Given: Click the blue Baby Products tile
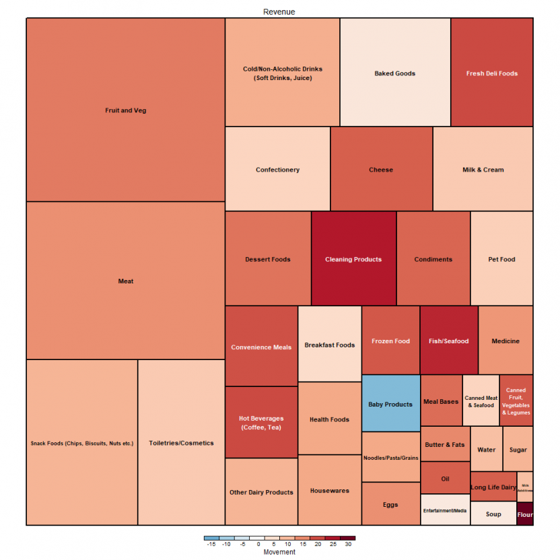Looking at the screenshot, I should click(x=390, y=404).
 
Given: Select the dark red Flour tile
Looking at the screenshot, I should click(x=525, y=514).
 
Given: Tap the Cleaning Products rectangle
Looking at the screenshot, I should click(x=353, y=259).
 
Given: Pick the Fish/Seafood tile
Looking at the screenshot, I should click(x=448, y=341).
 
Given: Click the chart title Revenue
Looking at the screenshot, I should click(x=279, y=12).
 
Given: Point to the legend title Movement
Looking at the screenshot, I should click(x=279, y=552).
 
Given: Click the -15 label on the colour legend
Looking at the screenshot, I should click(x=211, y=544).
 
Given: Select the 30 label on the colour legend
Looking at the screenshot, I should click(x=348, y=544).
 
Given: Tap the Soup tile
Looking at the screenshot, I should click(x=493, y=514).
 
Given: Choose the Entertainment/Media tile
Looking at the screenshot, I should click(x=445, y=510).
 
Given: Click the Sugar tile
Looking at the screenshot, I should click(x=518, y=449).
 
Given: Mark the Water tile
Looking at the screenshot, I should click(x=486, y=449).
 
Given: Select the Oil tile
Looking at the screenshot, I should click(x=445, y=479).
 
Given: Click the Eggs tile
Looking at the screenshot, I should click(x=390, y=504).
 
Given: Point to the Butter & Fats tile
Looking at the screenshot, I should click(x=445, y=444).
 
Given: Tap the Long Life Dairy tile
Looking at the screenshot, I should click(x=493, y=487).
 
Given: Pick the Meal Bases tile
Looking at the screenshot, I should click(x=441, y=401).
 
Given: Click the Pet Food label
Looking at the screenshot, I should click(x=501, y=259).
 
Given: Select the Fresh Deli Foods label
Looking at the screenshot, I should click(x=492, y=73).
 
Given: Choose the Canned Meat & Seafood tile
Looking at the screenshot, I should click(x=481, y=401).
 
